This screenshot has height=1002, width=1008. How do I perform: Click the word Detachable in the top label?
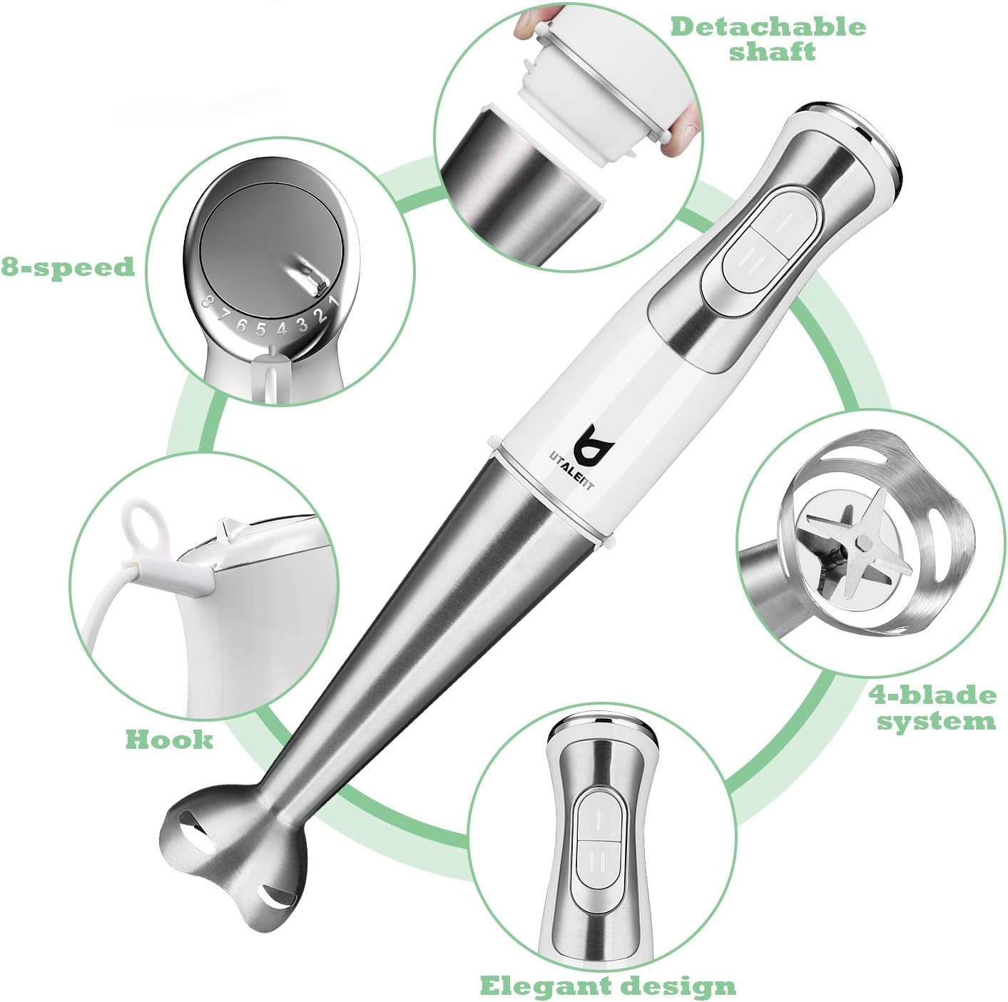point(768,27)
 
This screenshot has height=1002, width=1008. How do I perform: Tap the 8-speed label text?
point(67,267)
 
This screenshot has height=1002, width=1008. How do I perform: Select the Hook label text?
point(169,739)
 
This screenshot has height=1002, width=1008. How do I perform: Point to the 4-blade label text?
point(932,695)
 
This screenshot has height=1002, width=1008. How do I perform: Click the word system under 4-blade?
point(935,721)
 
